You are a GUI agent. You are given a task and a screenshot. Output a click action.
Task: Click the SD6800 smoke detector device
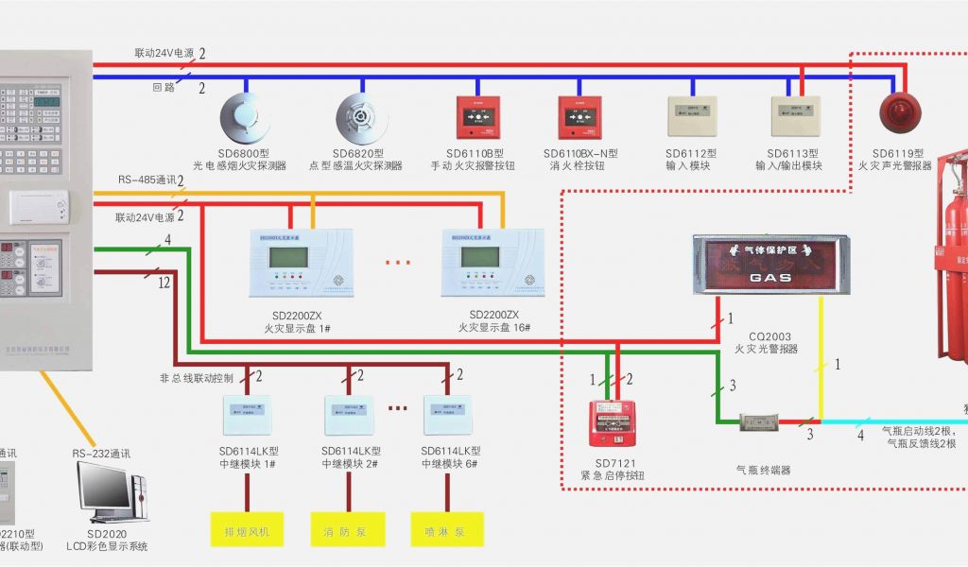click(x=244, y=118)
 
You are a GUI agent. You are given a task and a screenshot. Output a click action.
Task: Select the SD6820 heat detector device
click(x=359, y=118)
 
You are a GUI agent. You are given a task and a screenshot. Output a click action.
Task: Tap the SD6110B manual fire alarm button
click(x=476, y=116)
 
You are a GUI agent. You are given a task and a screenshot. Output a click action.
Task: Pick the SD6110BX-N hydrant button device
click(x=579, y=116)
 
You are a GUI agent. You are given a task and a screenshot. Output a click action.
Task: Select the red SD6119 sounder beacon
click(x=899, y=112)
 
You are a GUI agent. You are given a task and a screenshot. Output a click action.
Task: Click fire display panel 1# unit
click(x=300, y=262)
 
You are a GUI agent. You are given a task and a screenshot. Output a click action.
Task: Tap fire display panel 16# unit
click(x=491, y=262)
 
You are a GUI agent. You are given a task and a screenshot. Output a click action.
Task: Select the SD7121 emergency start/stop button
click(x=611, y=422)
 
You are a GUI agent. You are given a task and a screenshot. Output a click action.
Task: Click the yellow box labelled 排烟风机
click(x=246, y=530)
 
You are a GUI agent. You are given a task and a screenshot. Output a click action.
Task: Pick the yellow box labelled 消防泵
click(x=347, y=530)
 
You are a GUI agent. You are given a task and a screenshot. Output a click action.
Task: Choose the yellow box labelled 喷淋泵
click(x=447, y=530)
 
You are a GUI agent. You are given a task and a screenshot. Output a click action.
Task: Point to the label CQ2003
click(x=770, y=335)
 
